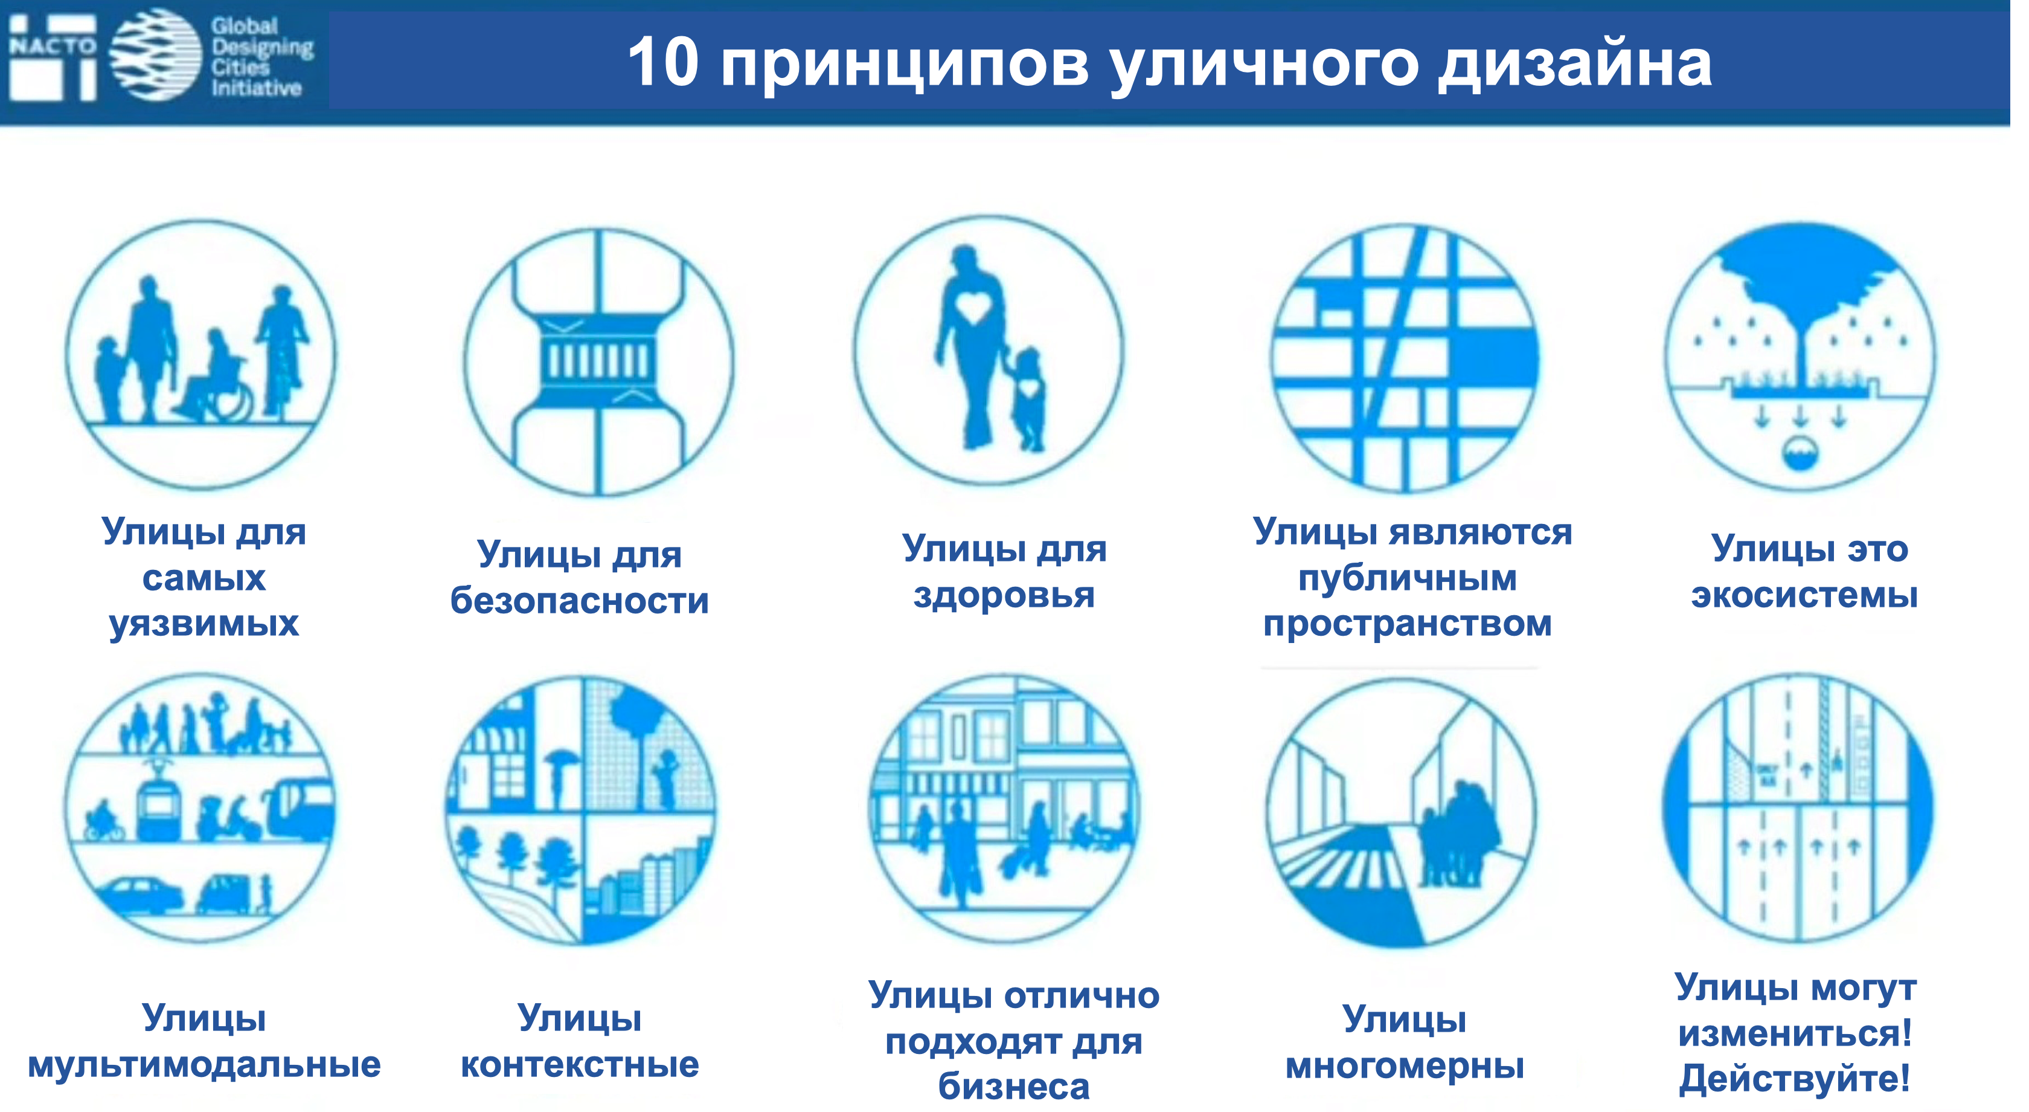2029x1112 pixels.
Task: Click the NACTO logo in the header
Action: tap(52, 57)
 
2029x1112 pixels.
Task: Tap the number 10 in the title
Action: tap(663, 62)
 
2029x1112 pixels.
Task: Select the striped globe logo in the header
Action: tap(156, 55)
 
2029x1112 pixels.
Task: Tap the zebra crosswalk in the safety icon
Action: tap(598, 363)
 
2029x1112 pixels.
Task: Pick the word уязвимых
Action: tap(204, 624)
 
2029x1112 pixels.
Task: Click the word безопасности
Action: tap(580, 601)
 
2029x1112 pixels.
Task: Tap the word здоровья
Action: tap(1004, 596)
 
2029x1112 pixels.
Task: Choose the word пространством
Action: tap(1408, 624)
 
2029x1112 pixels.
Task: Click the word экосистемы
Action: tap(1804, 596)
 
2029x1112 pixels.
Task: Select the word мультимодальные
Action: tap(204, 1065)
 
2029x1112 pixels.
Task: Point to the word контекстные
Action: tap(580, 1065)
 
